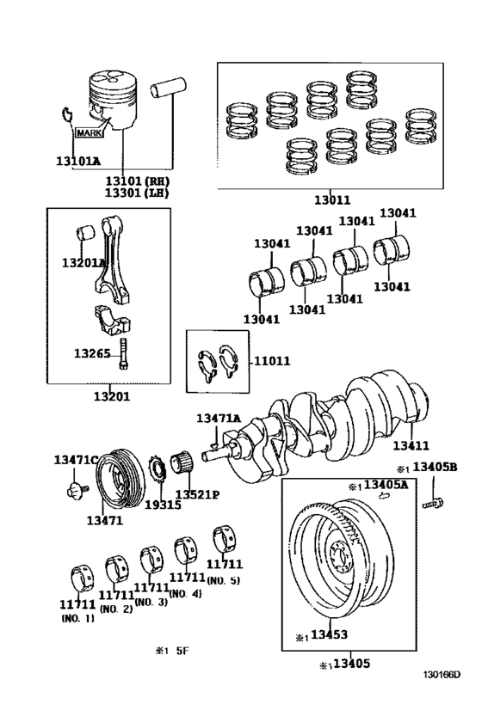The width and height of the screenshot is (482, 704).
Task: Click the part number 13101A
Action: tap(78, 161)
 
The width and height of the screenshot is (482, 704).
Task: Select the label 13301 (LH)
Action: tap(138, 193)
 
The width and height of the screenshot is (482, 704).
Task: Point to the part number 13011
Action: tap(331, 200)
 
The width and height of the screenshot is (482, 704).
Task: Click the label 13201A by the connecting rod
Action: tap(83, 262)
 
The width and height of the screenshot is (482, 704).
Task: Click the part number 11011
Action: tap(272, 362)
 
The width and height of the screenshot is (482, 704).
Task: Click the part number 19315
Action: tap(161, 505)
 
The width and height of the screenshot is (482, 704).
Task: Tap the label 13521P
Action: tap(198, 494)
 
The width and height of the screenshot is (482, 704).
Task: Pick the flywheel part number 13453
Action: tap(328, 636)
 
